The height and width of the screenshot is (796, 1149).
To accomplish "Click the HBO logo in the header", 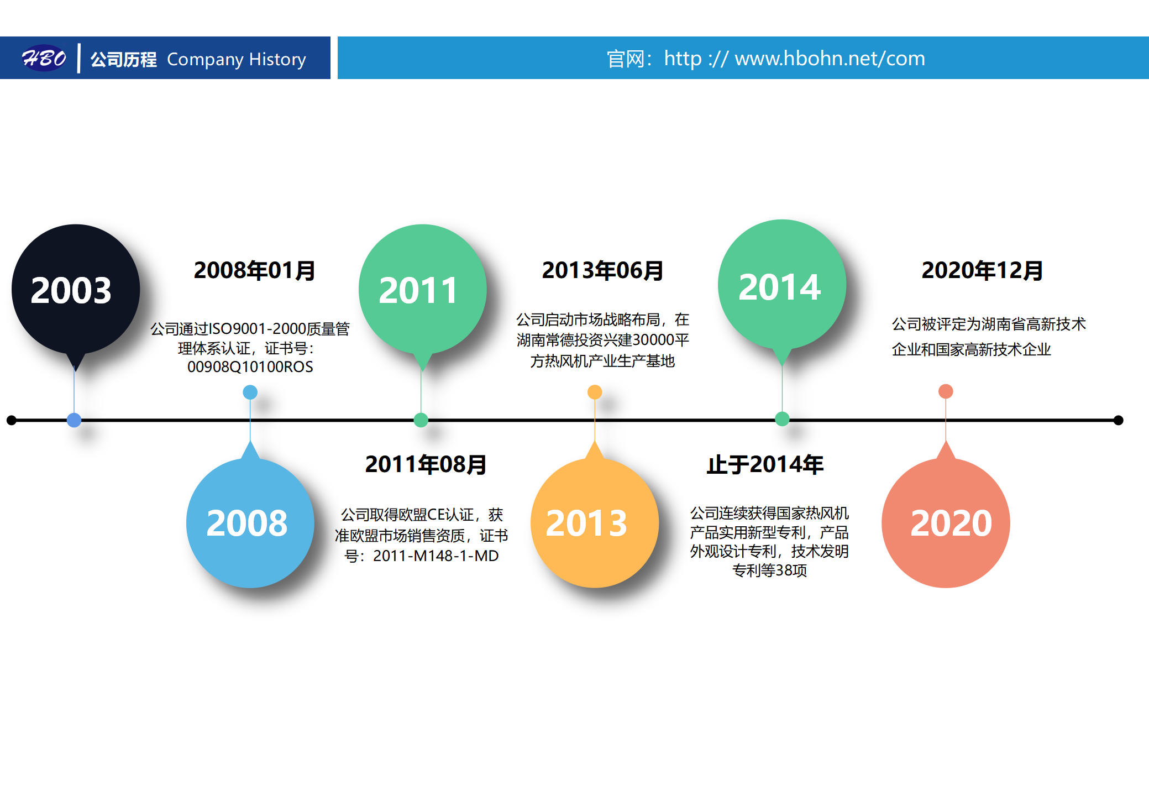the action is coord(44,58).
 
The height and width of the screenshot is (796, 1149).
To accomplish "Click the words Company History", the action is coord(237,59).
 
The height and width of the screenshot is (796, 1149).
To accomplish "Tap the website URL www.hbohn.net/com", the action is coord(830,58).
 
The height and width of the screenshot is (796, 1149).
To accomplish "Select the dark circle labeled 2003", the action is coord(76,289).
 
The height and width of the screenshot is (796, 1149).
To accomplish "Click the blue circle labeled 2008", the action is coord(250,523).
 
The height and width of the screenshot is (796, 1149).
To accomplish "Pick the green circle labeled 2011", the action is coord(423,289).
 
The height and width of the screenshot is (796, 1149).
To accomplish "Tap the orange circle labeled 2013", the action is coord(595,523).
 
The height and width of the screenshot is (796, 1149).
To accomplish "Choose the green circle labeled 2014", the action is coord(782,284).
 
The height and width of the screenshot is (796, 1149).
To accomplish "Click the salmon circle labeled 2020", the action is coord(946,523).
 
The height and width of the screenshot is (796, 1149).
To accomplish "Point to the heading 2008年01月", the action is coord(254,270).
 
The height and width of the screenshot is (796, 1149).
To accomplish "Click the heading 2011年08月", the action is coord(426,464).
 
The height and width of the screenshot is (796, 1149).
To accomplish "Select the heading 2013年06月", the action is coord(602,270).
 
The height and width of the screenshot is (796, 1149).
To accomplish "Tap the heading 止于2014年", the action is coord(765,464).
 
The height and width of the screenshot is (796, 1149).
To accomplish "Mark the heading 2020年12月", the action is coord(982,270).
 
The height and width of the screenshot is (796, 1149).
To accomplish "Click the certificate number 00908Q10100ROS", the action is coord(250,367).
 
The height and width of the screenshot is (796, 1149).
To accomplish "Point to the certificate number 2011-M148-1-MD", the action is coord(436,556).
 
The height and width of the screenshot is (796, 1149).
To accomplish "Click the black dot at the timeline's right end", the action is coord(1118,420).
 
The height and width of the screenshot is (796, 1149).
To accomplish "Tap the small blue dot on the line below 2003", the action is coord(74,420).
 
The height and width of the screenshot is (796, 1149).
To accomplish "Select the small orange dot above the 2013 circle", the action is coord(595,392).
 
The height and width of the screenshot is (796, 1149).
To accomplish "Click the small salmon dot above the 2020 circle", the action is coord(946,391).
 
